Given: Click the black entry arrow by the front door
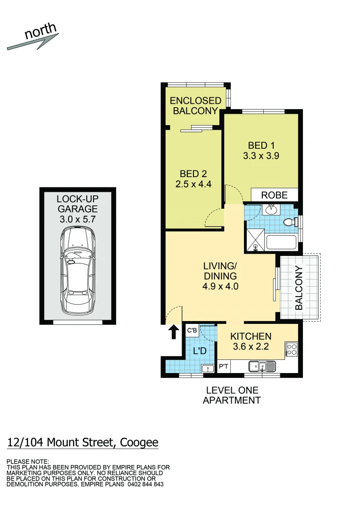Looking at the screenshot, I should pyautogui.click(x=174, y=332).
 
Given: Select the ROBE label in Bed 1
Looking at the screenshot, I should pyautogui.click(x=274, y=195).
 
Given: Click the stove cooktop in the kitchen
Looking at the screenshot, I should pyautogui.click(x=292, y=350).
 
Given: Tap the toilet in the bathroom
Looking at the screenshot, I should pyautogui.click(x=289, y=222).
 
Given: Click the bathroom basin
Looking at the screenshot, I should pyautogui.click(x=272, y=209).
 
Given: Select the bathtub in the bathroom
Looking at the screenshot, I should pyautogui.click(x=281, y=243).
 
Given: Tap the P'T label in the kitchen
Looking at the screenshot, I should pyautogui.click(x=223, y=366).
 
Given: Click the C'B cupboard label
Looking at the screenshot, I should pyautogui.click(x=192, y=331).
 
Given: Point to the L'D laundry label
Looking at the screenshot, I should pyautogui.click(x=200, y=351).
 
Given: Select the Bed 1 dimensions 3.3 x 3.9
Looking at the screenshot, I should pyautogui.click(x=261, y=155).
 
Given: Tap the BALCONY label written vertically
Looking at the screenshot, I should pyautogui.click(x=299, y=288).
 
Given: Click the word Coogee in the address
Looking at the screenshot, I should pyautogui.click(x=139, y=442).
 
